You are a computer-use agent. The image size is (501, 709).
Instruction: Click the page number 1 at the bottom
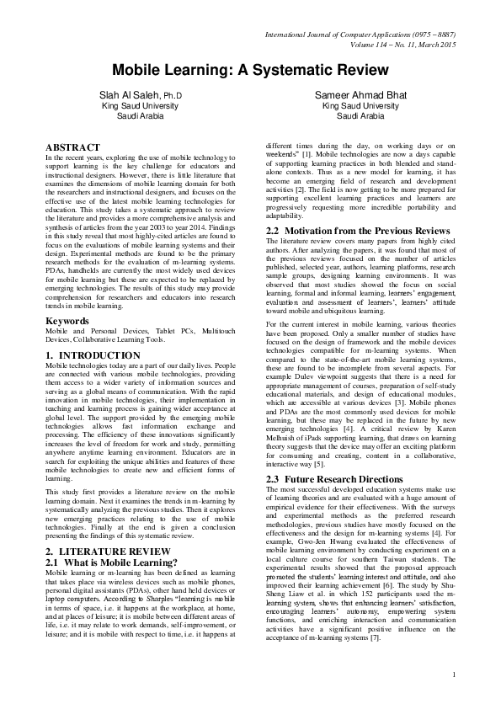(x=452, y=697)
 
